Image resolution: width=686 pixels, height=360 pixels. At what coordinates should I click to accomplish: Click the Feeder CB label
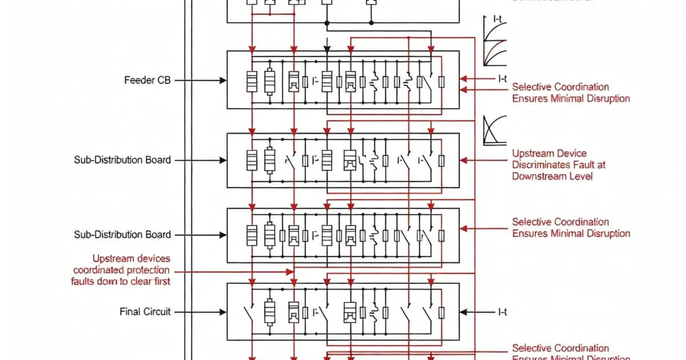(147, 81)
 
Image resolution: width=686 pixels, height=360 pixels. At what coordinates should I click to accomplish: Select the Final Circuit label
(145, 312)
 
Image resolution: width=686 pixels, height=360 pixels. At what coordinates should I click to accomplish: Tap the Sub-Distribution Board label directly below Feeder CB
(122, 160)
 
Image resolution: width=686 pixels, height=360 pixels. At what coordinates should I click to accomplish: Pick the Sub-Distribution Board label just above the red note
(122, 235)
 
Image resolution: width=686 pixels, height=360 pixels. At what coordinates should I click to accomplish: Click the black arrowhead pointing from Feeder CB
(223, 81)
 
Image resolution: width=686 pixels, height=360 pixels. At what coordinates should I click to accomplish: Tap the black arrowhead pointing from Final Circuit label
(223, 312)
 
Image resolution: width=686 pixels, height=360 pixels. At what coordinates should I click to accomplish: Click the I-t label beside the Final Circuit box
(502, 312)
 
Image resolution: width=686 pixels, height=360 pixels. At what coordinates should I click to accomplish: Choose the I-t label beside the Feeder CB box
(502, 78)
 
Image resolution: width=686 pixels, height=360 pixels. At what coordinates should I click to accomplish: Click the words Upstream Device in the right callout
(549, 153)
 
